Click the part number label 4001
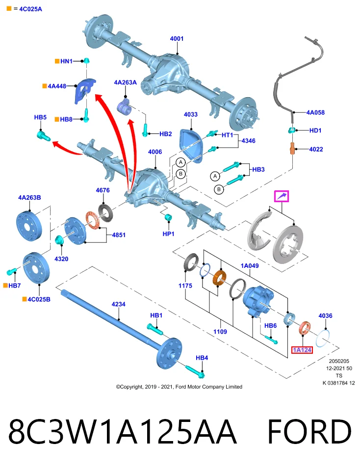point(177,39)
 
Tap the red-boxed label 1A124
point(302,350)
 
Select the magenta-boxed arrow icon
point(282,196)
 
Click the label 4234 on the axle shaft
point(118,304)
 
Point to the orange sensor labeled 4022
point(292,148)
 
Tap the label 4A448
point(57,86)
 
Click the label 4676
point(103,190)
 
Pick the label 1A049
point(250,266)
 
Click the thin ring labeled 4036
point(323,339)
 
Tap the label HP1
point(168,234)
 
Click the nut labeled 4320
point(59,240)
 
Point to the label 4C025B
point(39,299)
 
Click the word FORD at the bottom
point(309,432)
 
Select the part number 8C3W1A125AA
point(123,432)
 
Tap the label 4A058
point(315,113)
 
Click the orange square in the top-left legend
point(9,9)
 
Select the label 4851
point(119,235)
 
